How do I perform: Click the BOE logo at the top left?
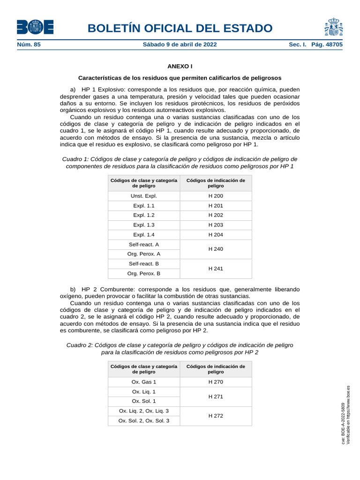point(35,27)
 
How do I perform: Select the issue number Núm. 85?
point(29,45)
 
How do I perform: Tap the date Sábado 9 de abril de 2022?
point(180,45)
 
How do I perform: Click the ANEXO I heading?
point(180,67)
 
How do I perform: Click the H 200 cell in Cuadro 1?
point(216,196)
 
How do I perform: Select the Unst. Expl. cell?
point(144,196)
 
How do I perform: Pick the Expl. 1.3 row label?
point(144,225)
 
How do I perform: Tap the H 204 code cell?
point(216,235)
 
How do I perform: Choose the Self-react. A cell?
point(144,245)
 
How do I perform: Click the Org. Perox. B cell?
point(144,273)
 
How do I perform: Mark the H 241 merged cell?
point(216,269)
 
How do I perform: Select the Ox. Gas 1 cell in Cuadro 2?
point(144,382)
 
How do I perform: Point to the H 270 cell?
point(216,382)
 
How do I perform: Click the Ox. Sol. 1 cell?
point(144,401)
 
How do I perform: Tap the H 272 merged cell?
point(216,416)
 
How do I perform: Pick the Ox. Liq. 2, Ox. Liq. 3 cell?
point(144,411)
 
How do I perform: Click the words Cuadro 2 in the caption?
point(79,345)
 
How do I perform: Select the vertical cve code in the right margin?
point(343,424)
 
